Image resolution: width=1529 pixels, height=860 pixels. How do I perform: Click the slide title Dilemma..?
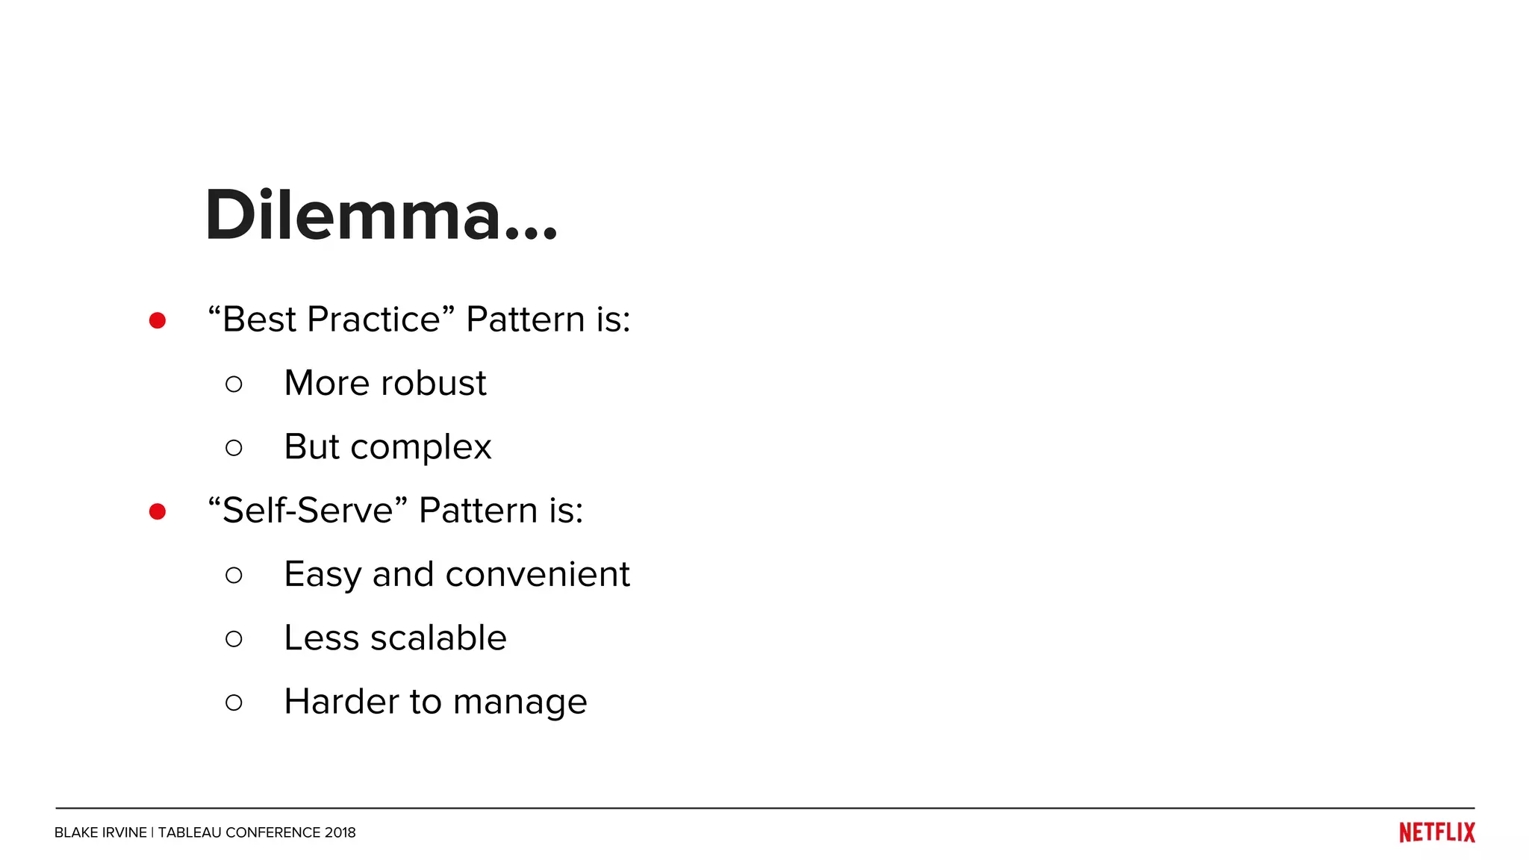coord(381,215)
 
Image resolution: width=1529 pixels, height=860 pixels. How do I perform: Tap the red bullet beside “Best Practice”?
coord(158,320)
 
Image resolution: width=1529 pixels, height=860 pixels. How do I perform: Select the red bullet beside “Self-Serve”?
coord(158,511)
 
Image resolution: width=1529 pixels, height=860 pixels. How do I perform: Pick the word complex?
coord(421,448)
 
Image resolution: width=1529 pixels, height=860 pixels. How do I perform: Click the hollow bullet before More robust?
coord(234,384)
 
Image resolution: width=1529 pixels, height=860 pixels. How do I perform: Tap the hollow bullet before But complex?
coord(234,448)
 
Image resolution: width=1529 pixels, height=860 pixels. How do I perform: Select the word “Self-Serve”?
coord(308,511)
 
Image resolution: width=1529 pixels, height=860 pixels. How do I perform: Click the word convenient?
coord(538,574)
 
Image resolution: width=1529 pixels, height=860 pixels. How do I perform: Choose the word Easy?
coord(323,576)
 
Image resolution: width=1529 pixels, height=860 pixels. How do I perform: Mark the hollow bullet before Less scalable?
coord(234,639)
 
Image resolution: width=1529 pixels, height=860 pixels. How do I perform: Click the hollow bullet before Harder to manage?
coord(234,702)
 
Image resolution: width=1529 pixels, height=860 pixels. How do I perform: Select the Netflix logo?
coord(1437,832)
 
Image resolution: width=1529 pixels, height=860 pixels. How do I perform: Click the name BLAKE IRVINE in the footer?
coord(101,832)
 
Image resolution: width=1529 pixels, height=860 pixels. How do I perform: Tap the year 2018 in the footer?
coord(340,832)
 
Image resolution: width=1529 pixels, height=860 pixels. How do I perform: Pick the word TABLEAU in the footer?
coord(190,832)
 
